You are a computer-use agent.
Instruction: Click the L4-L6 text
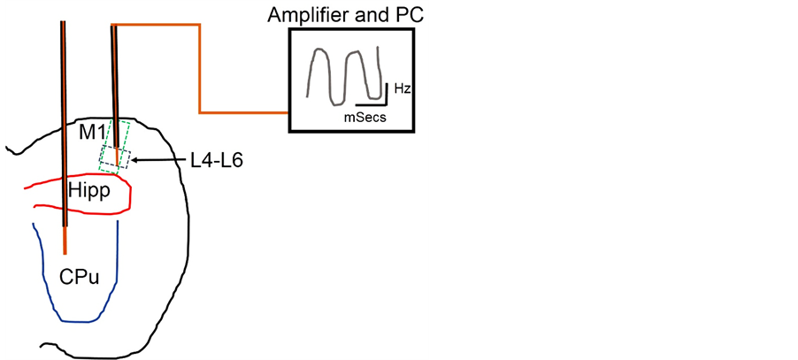[x=217, y=161]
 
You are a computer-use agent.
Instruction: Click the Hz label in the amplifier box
[x=402, y=89]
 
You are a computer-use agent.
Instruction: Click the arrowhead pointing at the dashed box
[x=134, y=160]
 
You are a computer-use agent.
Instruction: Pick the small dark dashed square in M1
[x=116, y=158]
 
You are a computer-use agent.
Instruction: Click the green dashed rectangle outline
[x=132, y=133]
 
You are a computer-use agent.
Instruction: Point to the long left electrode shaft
[x=63, y=106]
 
